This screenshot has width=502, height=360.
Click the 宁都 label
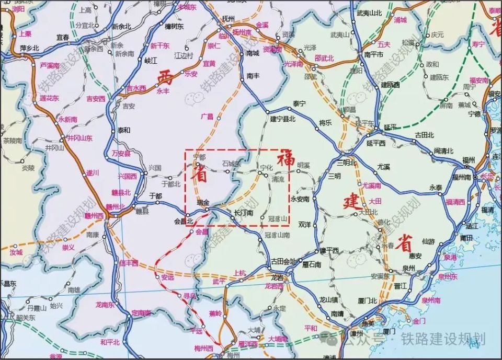(200, 156)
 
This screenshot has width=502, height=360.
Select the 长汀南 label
(244, 213)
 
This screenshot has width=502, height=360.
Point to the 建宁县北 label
(283, 119)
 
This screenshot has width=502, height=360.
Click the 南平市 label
(374, 54)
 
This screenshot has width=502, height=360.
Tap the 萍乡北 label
(30, 49)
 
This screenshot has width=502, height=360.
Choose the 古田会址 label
(283, 261)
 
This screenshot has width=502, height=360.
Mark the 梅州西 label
(203, 348)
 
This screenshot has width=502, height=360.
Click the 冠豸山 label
(278, 219)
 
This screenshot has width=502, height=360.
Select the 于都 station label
(156, 195)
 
